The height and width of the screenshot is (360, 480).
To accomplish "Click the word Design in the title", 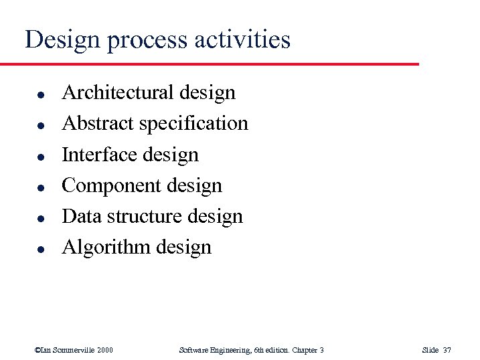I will coord(61,40).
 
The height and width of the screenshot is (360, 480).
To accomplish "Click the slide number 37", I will coord(447,350).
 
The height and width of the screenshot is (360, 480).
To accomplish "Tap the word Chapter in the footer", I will coord(303,350).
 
